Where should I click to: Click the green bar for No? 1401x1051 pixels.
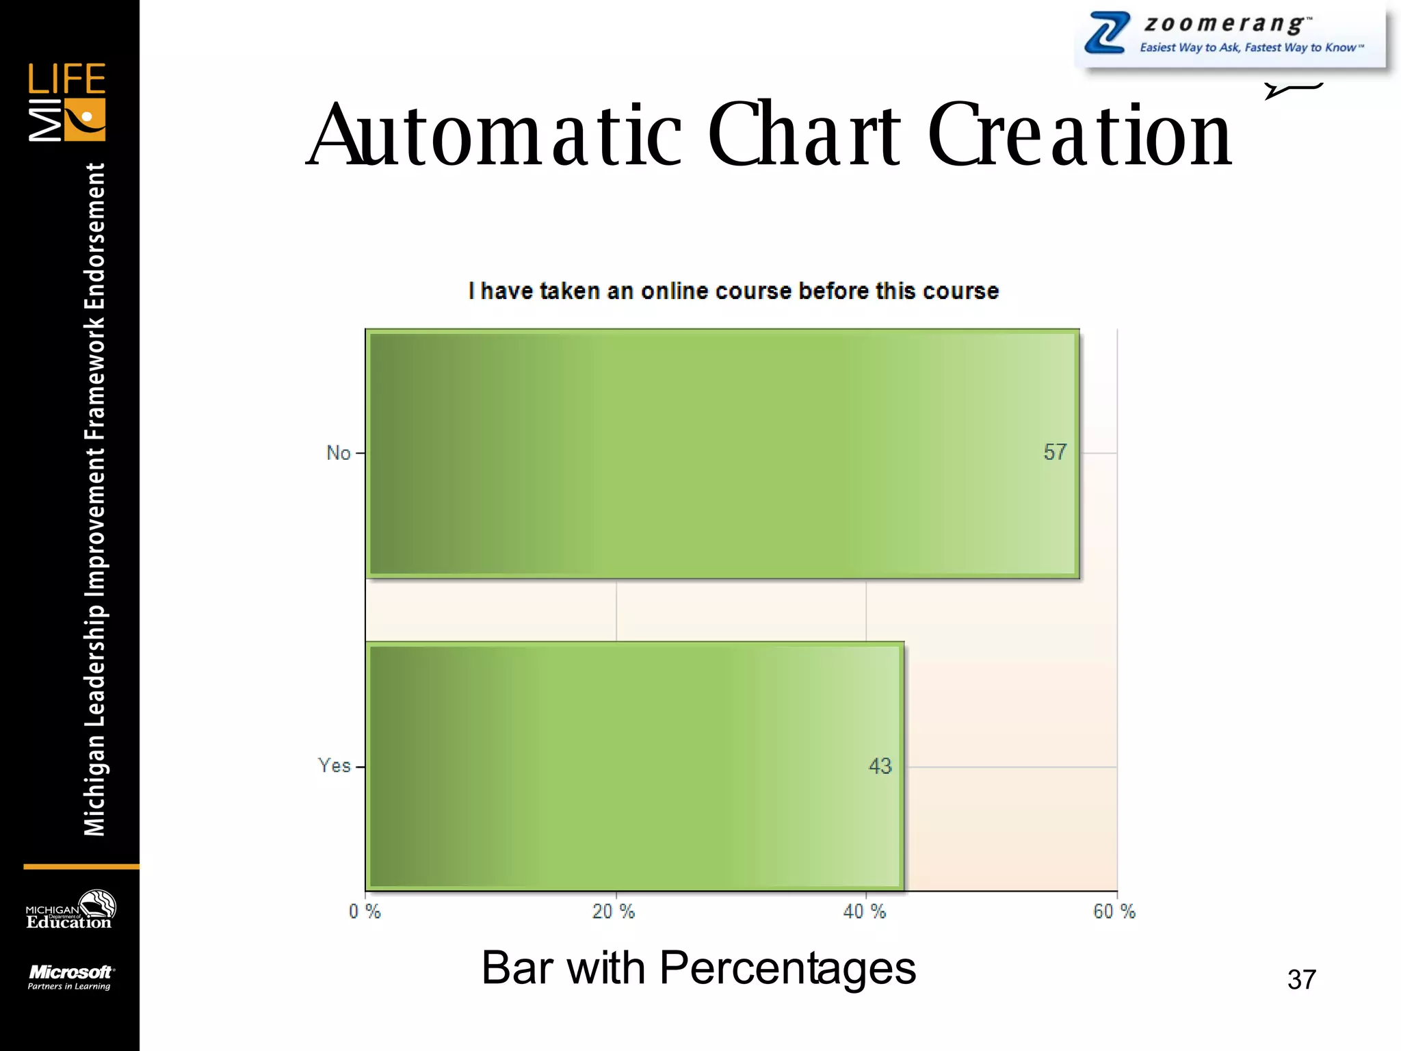(x=722, y=454)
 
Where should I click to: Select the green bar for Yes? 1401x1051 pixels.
(x=635, y=766)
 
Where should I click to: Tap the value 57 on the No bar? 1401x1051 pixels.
(x=1055, y=452)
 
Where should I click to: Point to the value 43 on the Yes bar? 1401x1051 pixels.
(x=880, y=766)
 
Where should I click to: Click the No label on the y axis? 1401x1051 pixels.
(x=338, y=453)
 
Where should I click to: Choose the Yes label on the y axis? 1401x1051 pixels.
(x=334, y=766)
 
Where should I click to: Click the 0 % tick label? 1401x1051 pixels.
(x=365, y=911)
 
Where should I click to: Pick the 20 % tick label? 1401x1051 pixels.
(x=614, y=911)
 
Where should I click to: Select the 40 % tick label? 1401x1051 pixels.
(x=865, y=911)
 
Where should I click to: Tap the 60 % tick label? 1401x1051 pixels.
(x=1114, y=911)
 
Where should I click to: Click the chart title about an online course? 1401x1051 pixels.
(x=733, y=291)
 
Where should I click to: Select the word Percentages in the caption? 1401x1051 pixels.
(x=787, y=968)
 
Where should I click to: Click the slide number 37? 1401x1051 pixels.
(x=1301, y=979)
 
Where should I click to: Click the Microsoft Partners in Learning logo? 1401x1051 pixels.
(x=70, y=977)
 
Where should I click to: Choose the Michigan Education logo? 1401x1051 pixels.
(x=70, y=910)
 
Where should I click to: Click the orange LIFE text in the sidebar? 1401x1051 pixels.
(x=66, y=79)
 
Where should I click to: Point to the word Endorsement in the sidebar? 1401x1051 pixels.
(x=94, y=236)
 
